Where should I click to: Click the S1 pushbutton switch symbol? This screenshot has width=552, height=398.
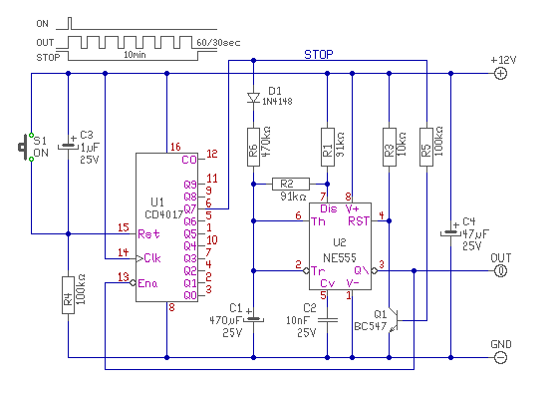tap(25, 147)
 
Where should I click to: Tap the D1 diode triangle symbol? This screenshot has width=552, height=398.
tap(253, 98)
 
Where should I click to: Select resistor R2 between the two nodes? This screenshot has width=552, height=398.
tap(291, 184)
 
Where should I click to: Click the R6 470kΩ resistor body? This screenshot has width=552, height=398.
tap(253, 147)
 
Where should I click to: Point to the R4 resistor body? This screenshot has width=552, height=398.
tap(69, 295)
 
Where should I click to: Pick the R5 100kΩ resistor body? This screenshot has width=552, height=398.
tap(426, 147)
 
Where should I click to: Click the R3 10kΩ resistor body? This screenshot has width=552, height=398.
tap(389, 147)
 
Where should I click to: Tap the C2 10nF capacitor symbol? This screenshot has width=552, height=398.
tap(328, 320)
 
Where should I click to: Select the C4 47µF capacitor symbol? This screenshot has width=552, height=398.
tap(450, 232)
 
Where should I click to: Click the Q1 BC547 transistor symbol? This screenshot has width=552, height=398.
tap(394, 321)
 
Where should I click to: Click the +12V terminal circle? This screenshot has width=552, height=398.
tap(500, 74)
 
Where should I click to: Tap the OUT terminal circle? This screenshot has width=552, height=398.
tap(500, 270)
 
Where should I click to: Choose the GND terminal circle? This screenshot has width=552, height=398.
tap(500, 357)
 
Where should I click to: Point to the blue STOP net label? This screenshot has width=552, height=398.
tap(319, 55)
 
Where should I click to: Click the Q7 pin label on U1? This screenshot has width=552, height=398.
tap(190, 208)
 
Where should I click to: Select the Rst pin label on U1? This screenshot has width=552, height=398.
tap(148, 233)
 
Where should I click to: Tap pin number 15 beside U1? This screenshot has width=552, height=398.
tap(124, 227)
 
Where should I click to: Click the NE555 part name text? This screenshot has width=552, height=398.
tap(340, 257)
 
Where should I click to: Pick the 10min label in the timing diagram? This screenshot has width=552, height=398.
tap(135, 55)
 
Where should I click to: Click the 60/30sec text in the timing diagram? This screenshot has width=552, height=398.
tap(218, 43)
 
